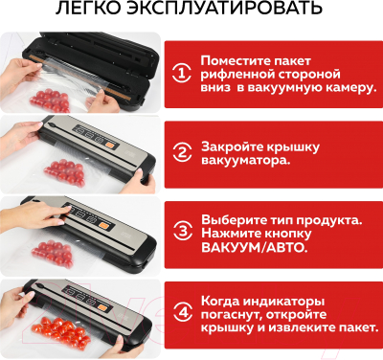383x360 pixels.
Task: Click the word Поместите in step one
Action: [235, 57]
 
